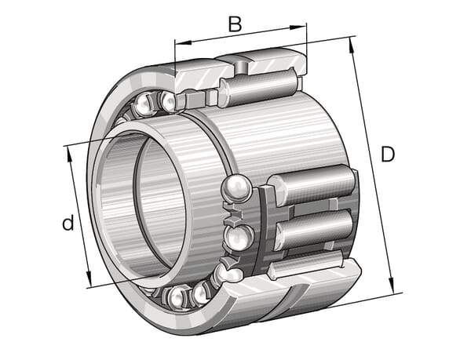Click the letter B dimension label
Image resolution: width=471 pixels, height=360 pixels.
(x=235, y=24)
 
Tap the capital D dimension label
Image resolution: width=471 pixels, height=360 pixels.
(x=388, y=155)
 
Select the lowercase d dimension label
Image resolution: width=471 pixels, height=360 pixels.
(x=68, y=222)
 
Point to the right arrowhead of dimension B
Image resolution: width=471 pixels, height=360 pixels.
(x=298, y=27)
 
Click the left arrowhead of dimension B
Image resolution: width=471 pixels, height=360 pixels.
(x=183, y=42)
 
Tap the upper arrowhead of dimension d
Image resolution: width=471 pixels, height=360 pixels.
(x=69, y=155)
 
